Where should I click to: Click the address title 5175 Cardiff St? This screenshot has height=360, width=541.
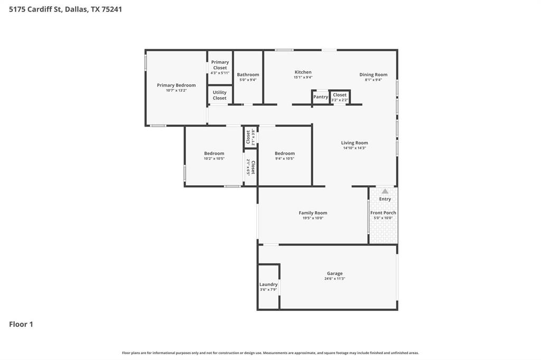66,9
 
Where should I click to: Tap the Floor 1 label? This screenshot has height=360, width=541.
21,324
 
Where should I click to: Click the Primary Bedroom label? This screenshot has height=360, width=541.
176,85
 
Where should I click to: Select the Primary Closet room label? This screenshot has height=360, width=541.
220,65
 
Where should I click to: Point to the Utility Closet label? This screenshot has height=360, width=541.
219,95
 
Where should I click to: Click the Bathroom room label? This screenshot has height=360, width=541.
248,74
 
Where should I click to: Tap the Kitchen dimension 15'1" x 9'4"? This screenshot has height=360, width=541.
303,78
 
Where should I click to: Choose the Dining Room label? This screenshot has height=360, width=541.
373,74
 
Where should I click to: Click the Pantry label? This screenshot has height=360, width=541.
320,97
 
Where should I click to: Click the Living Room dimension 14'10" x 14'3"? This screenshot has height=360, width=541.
354,148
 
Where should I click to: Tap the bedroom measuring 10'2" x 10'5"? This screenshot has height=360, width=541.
214,156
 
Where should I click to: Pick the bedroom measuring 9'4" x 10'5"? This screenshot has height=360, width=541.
284,156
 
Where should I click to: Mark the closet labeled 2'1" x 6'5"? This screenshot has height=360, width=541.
250,168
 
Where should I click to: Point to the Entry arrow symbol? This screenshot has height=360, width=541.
385,191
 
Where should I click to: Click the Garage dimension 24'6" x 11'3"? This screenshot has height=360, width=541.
334,279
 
